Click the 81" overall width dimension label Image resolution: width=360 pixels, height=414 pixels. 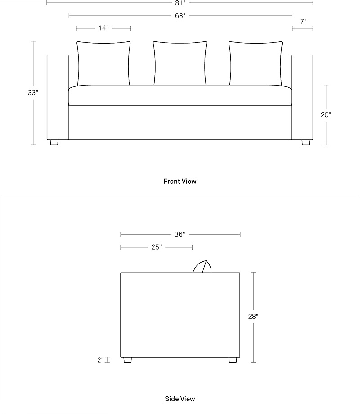(x=180, y=3)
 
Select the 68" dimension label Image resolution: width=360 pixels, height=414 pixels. (x=180, y=16)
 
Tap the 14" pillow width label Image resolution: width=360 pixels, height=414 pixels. (x=103, y=28)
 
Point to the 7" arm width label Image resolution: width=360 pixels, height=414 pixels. (x=303, y=21)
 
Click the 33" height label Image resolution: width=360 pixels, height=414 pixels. (x=33, y=93)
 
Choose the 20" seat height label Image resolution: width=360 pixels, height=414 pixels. (x=326, y=114)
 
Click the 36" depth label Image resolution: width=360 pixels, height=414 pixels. (x=180, y=234)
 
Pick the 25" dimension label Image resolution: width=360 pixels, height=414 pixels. (x=157, y=247)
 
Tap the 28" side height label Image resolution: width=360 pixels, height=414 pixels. (x=253, y=316)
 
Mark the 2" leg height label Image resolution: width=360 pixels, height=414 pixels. (x=100, y=360)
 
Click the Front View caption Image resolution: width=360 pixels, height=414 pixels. (x=180, y=182)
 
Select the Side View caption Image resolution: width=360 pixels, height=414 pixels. (x=180, y=399)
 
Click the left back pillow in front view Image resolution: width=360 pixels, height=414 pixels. (x=103, y=64)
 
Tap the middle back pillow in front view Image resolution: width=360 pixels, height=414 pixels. (x=180, y=64)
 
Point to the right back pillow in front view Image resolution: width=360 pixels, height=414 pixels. (x=256, y=64)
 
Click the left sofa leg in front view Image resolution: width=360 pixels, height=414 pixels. (x=54, y=142)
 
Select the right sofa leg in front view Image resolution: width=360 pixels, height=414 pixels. (x=306, y=142)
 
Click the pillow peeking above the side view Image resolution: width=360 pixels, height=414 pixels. (x=202, y=267)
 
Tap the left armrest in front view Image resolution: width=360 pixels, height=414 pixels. (x=58, y=97)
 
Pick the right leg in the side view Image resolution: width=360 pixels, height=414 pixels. (x=233, y=360)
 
